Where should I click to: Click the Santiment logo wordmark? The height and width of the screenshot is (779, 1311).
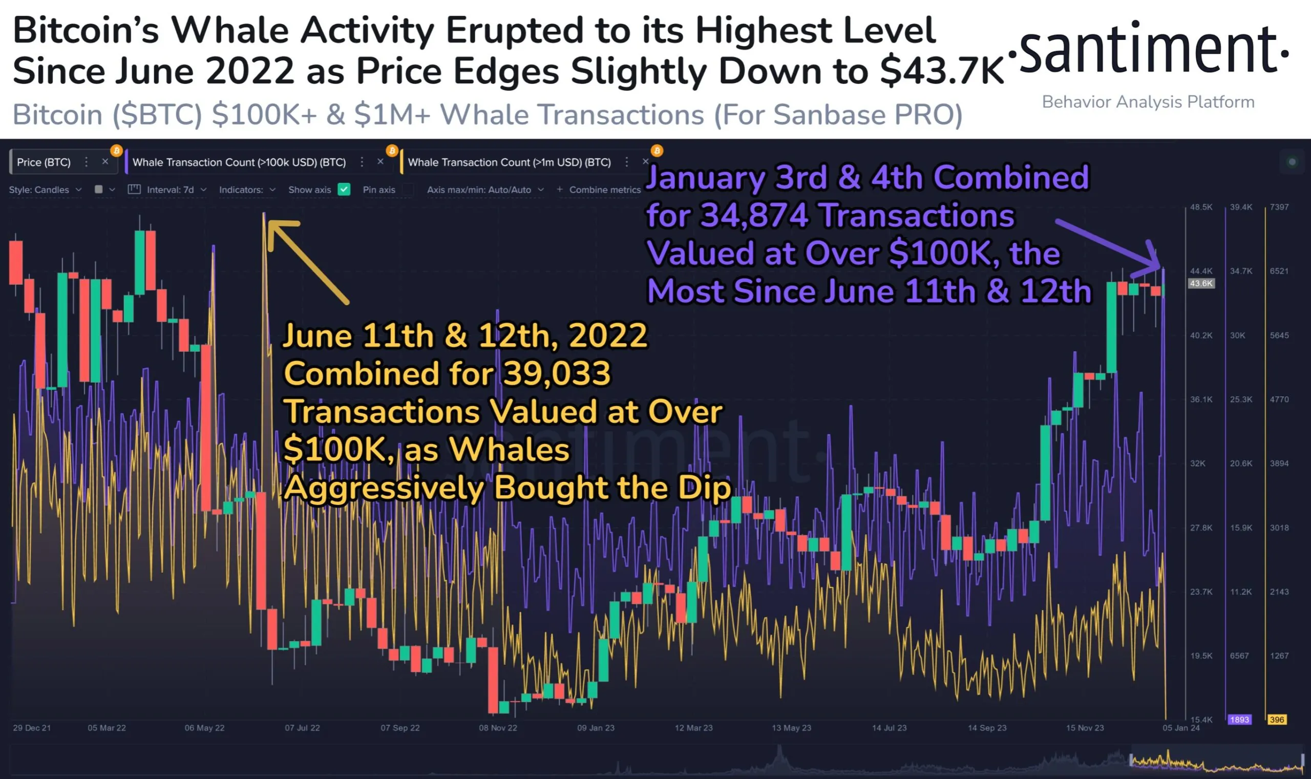[1149, 50]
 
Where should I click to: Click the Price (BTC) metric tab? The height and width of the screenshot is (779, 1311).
[44, 162]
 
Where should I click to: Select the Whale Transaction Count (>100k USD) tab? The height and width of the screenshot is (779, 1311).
[239, 162]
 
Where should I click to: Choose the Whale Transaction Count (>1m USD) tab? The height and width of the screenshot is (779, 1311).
[509, 162]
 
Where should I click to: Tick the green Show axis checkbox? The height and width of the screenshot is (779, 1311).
[344, 190]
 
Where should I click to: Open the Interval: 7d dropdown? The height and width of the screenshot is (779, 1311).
[170, 190]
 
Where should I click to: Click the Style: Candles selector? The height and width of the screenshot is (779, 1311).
[45, 190]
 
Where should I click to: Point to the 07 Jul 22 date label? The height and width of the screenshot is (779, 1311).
[302, 728]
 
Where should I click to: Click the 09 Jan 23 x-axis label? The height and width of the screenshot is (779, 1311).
[596, 728]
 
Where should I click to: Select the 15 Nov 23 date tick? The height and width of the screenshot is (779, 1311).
[1085, 728]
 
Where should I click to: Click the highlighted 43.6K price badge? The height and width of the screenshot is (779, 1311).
[1201, 283]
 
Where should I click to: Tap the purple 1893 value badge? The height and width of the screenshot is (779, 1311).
[1239, 719]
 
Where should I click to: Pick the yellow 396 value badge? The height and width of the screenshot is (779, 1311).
[1276, 719]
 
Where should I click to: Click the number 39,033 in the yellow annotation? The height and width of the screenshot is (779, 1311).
[557, 373]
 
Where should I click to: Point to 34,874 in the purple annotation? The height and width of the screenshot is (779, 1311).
[754, 215]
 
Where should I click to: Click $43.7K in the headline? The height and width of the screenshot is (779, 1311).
[942, 71]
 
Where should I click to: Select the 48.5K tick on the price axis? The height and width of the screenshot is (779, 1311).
[1201, 207]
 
